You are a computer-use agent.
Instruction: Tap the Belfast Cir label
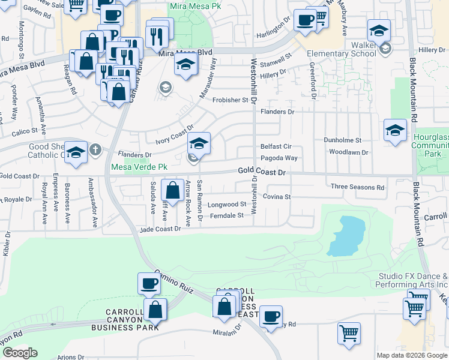[x=276, y=146]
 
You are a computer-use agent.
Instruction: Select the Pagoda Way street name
[x=279, y=158]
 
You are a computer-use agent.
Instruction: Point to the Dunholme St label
[x=343, y=140]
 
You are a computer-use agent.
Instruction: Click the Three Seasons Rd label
[x=357, y=187]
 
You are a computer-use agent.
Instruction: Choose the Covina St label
[x=277, y=197]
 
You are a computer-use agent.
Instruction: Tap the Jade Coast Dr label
[x=160, y=229]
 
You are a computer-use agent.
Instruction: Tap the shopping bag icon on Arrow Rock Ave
[x=173, y=190]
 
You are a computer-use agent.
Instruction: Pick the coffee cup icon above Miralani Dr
[x=271, y=316]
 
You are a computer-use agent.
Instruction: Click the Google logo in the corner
[x=20, y=353]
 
